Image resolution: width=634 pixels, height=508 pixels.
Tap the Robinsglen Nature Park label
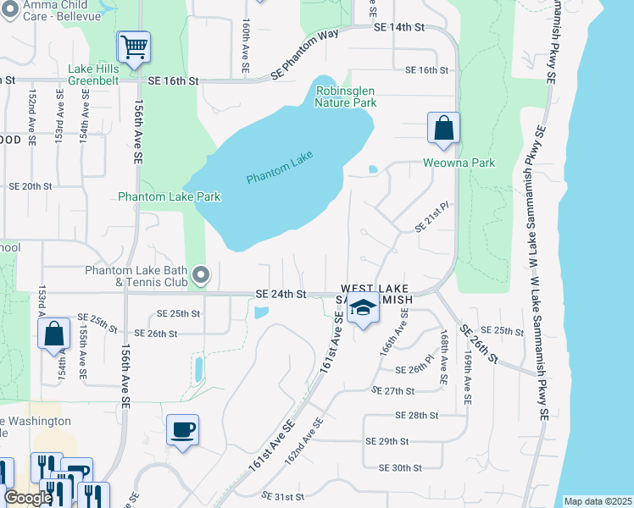tap(345, 97)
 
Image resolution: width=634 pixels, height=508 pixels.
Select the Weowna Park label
tap(459, 163)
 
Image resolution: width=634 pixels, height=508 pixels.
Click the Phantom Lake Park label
tap(170, 196)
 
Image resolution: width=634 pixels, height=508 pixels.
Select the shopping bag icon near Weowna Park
tap(443, 129)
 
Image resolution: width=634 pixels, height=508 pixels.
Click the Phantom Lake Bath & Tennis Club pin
tap(201, 274)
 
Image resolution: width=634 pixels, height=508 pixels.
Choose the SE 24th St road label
tap(280, 294)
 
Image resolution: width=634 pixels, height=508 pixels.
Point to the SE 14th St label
tap(401, 27)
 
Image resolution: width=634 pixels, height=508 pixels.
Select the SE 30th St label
tap(400, 467)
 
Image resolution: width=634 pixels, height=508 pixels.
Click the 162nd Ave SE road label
tap(305, 440)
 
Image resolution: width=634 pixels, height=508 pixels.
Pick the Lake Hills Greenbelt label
tap(99, 75)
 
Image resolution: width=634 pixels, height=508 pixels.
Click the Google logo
tap(27, 498)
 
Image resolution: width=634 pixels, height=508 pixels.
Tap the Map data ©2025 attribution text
tap(598, 501)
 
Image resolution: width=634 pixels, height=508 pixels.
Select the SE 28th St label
tap(415, 416)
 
